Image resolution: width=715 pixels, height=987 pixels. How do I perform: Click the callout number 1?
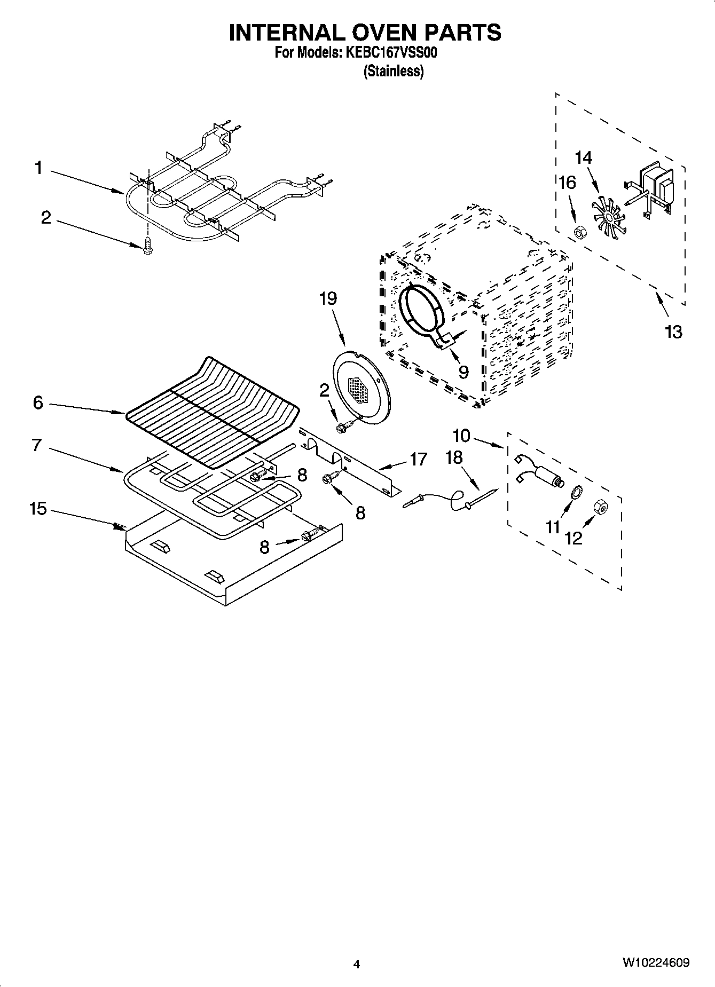[38, 169]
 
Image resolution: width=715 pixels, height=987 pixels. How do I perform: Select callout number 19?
[328, 298]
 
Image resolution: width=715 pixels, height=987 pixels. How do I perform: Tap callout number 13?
[673, 332]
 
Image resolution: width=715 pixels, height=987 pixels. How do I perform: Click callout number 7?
[37, 445]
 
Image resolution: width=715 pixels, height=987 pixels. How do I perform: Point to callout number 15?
[38, 509]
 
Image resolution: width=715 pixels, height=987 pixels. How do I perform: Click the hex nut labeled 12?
[600, 507]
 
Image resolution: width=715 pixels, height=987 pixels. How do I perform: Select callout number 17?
[418, 459]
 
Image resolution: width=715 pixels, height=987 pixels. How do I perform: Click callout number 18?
[454, 457]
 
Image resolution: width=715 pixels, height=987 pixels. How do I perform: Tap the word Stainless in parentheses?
[394, 71]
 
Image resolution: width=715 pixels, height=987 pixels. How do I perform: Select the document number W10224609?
[655, 963]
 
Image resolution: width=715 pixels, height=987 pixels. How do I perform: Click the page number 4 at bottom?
[357, 964]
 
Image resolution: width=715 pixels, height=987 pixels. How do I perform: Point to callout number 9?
[462, 372]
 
